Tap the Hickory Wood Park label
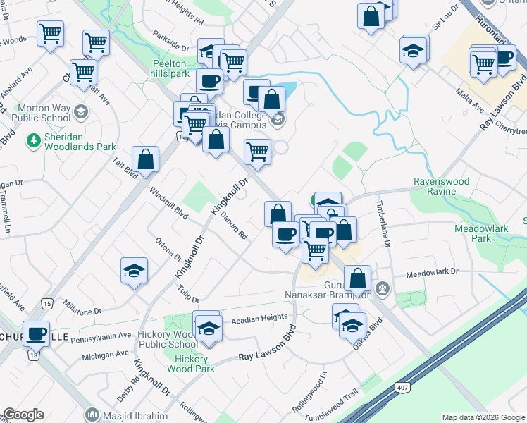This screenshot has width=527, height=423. click(x=191, y=364)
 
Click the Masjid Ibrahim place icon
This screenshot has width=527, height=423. click(x=91, y=415)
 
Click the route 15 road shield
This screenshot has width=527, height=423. click(x=46, y=303)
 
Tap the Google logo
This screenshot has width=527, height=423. click(x=23, y=415)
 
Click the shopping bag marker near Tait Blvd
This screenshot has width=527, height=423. click(x=145, y=160)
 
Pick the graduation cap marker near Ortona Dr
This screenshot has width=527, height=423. click(x=133, y=271)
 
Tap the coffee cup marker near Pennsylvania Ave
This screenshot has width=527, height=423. click(x=36, y=333)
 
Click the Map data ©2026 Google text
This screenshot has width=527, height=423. click(x=483, y=417)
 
